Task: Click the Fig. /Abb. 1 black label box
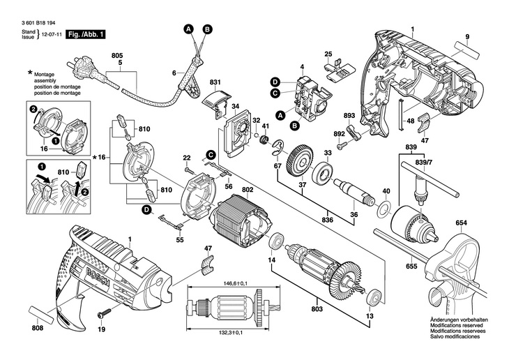point(86,33)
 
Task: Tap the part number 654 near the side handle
point(461,224)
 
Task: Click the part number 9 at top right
point(467,36)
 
